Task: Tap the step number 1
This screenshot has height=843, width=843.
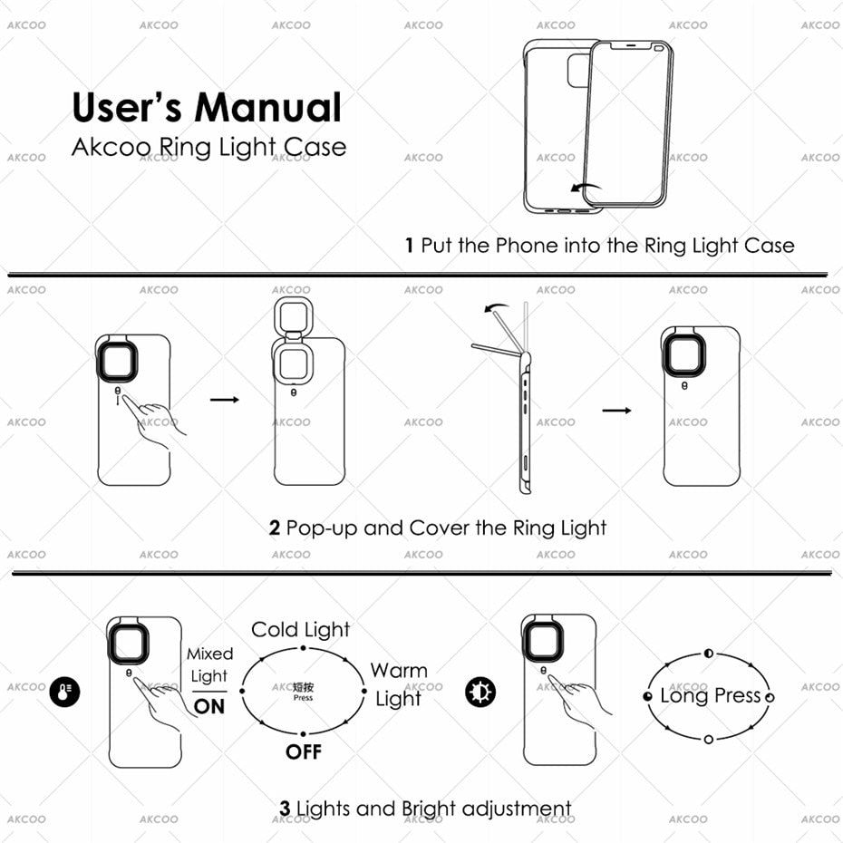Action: click(x=410, y=246)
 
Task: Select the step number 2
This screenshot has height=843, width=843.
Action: click(x=275, y=528)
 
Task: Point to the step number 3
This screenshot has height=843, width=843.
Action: click(x=285, y=809)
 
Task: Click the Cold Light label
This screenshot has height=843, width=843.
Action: click(x=300, y=630)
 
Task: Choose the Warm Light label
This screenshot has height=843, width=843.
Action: click(x=398, y=685)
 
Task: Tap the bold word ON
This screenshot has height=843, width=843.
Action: click(x=209, y=706)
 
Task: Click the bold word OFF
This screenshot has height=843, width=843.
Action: click(x=304, y=752)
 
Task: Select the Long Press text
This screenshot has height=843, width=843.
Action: click(x=710, y=696)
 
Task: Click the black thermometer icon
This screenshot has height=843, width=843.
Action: click(x=65, y=693)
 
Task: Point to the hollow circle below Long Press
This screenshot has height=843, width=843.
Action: click(x=709, y=740)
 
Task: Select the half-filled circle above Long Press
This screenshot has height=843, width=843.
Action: click(x=709, y=653)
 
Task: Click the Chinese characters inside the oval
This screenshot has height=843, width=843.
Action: click(x=304, y=688)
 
